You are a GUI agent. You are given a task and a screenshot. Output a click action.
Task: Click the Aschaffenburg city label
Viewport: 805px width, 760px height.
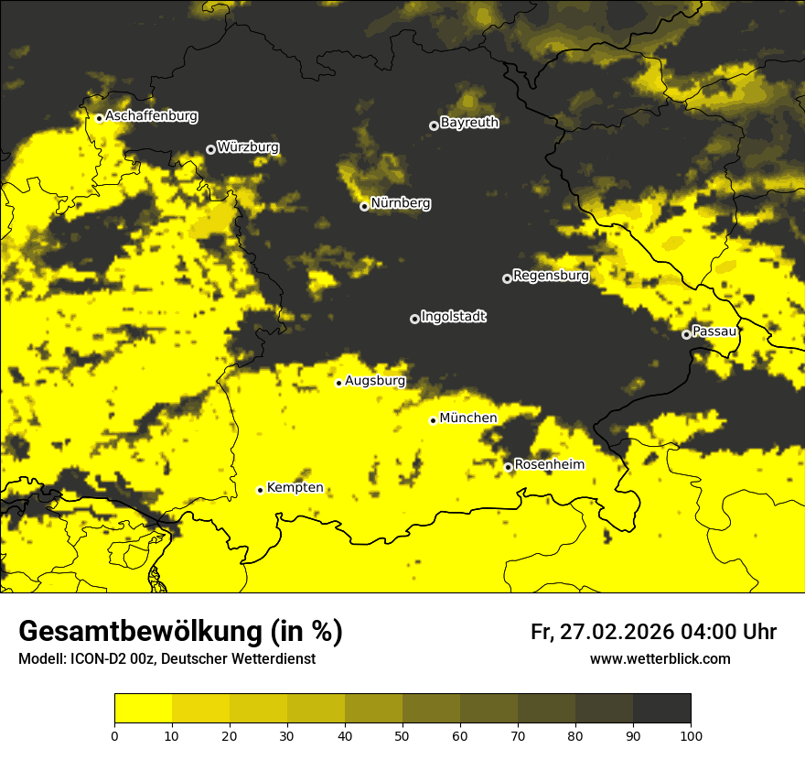click(x=151, y=116)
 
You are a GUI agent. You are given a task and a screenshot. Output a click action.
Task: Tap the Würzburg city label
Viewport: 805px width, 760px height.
click(x=248, y=147)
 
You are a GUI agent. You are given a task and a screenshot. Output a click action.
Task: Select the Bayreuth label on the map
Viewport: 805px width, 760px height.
click(x=469, y=123)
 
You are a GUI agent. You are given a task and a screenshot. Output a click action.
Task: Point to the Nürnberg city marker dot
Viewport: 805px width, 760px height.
click(x=364, y=206)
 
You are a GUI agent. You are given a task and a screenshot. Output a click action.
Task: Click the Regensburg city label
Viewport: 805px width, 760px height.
click(x=551, y=276)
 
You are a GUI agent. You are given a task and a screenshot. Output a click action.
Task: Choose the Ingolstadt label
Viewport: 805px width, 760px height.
click(x=454, y=317)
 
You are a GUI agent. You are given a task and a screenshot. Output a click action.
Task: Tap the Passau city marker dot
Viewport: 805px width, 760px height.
click(x=686, y=334)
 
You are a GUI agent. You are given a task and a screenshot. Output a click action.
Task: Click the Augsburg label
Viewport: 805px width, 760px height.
click(x=375, y=381)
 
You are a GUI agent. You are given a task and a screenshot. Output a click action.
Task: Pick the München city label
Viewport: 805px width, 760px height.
click(x=468, y=418)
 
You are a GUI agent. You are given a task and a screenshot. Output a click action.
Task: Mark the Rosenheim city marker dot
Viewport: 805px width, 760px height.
click(x=509, y=467)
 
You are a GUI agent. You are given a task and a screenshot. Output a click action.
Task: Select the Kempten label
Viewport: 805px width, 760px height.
click(x=295, y=488)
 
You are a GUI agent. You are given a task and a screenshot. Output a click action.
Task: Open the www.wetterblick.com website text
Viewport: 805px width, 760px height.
click(x=660, y=658)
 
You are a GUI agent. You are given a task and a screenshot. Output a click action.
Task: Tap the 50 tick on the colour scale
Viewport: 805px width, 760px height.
click(x=402, y=734)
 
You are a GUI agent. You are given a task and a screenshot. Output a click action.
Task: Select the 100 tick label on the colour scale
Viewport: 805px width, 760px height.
click(x=691, y=734)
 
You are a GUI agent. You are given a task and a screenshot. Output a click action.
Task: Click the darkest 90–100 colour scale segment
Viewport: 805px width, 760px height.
click(x=661, y=709)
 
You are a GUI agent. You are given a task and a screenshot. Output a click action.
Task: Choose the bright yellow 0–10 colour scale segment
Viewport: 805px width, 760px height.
click(x=143, y=709)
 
